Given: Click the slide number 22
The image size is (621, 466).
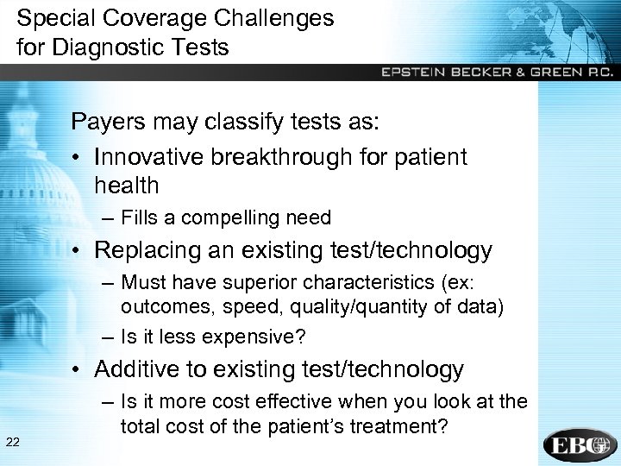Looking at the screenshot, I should pos(13,443).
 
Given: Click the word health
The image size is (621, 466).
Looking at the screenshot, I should pos(127,185).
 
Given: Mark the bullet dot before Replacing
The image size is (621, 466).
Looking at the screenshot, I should pos(78,251).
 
